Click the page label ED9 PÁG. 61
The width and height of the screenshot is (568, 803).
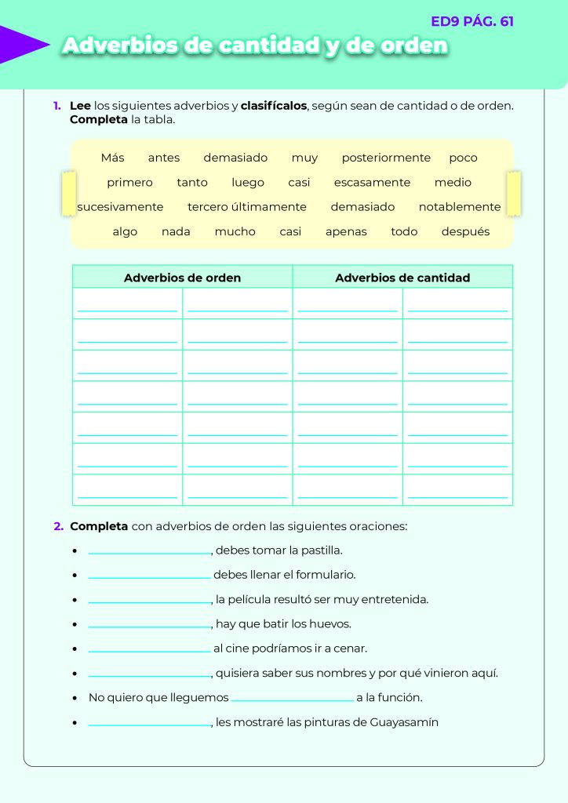[472, 21]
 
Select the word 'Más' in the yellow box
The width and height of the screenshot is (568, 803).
[112, 158]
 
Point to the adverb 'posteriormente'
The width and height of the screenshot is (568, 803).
[386, 158]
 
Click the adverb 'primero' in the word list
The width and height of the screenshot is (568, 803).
[129, 182]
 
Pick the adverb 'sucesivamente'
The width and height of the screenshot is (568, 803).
[120, 207]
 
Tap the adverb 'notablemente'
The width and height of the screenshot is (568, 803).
[460, 207]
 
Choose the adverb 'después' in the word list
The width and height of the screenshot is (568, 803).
[465, 231]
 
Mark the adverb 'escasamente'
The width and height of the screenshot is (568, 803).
[372, 182]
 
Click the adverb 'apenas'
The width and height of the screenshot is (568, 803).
[346, 231]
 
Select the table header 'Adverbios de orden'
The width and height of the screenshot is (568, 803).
[182, 278]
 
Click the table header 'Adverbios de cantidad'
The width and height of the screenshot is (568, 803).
[402, 278]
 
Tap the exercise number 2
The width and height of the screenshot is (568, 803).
[58, 526]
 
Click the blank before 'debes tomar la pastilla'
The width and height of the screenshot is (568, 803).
[149, 551]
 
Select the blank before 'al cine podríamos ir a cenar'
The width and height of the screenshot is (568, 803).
[149, 649]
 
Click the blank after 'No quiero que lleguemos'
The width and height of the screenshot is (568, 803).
[293, 698]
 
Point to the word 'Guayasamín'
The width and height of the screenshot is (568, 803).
[404, 722]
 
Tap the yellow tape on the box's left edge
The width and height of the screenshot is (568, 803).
[69, 194]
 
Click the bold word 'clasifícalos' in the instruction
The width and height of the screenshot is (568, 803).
[274, 105]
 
